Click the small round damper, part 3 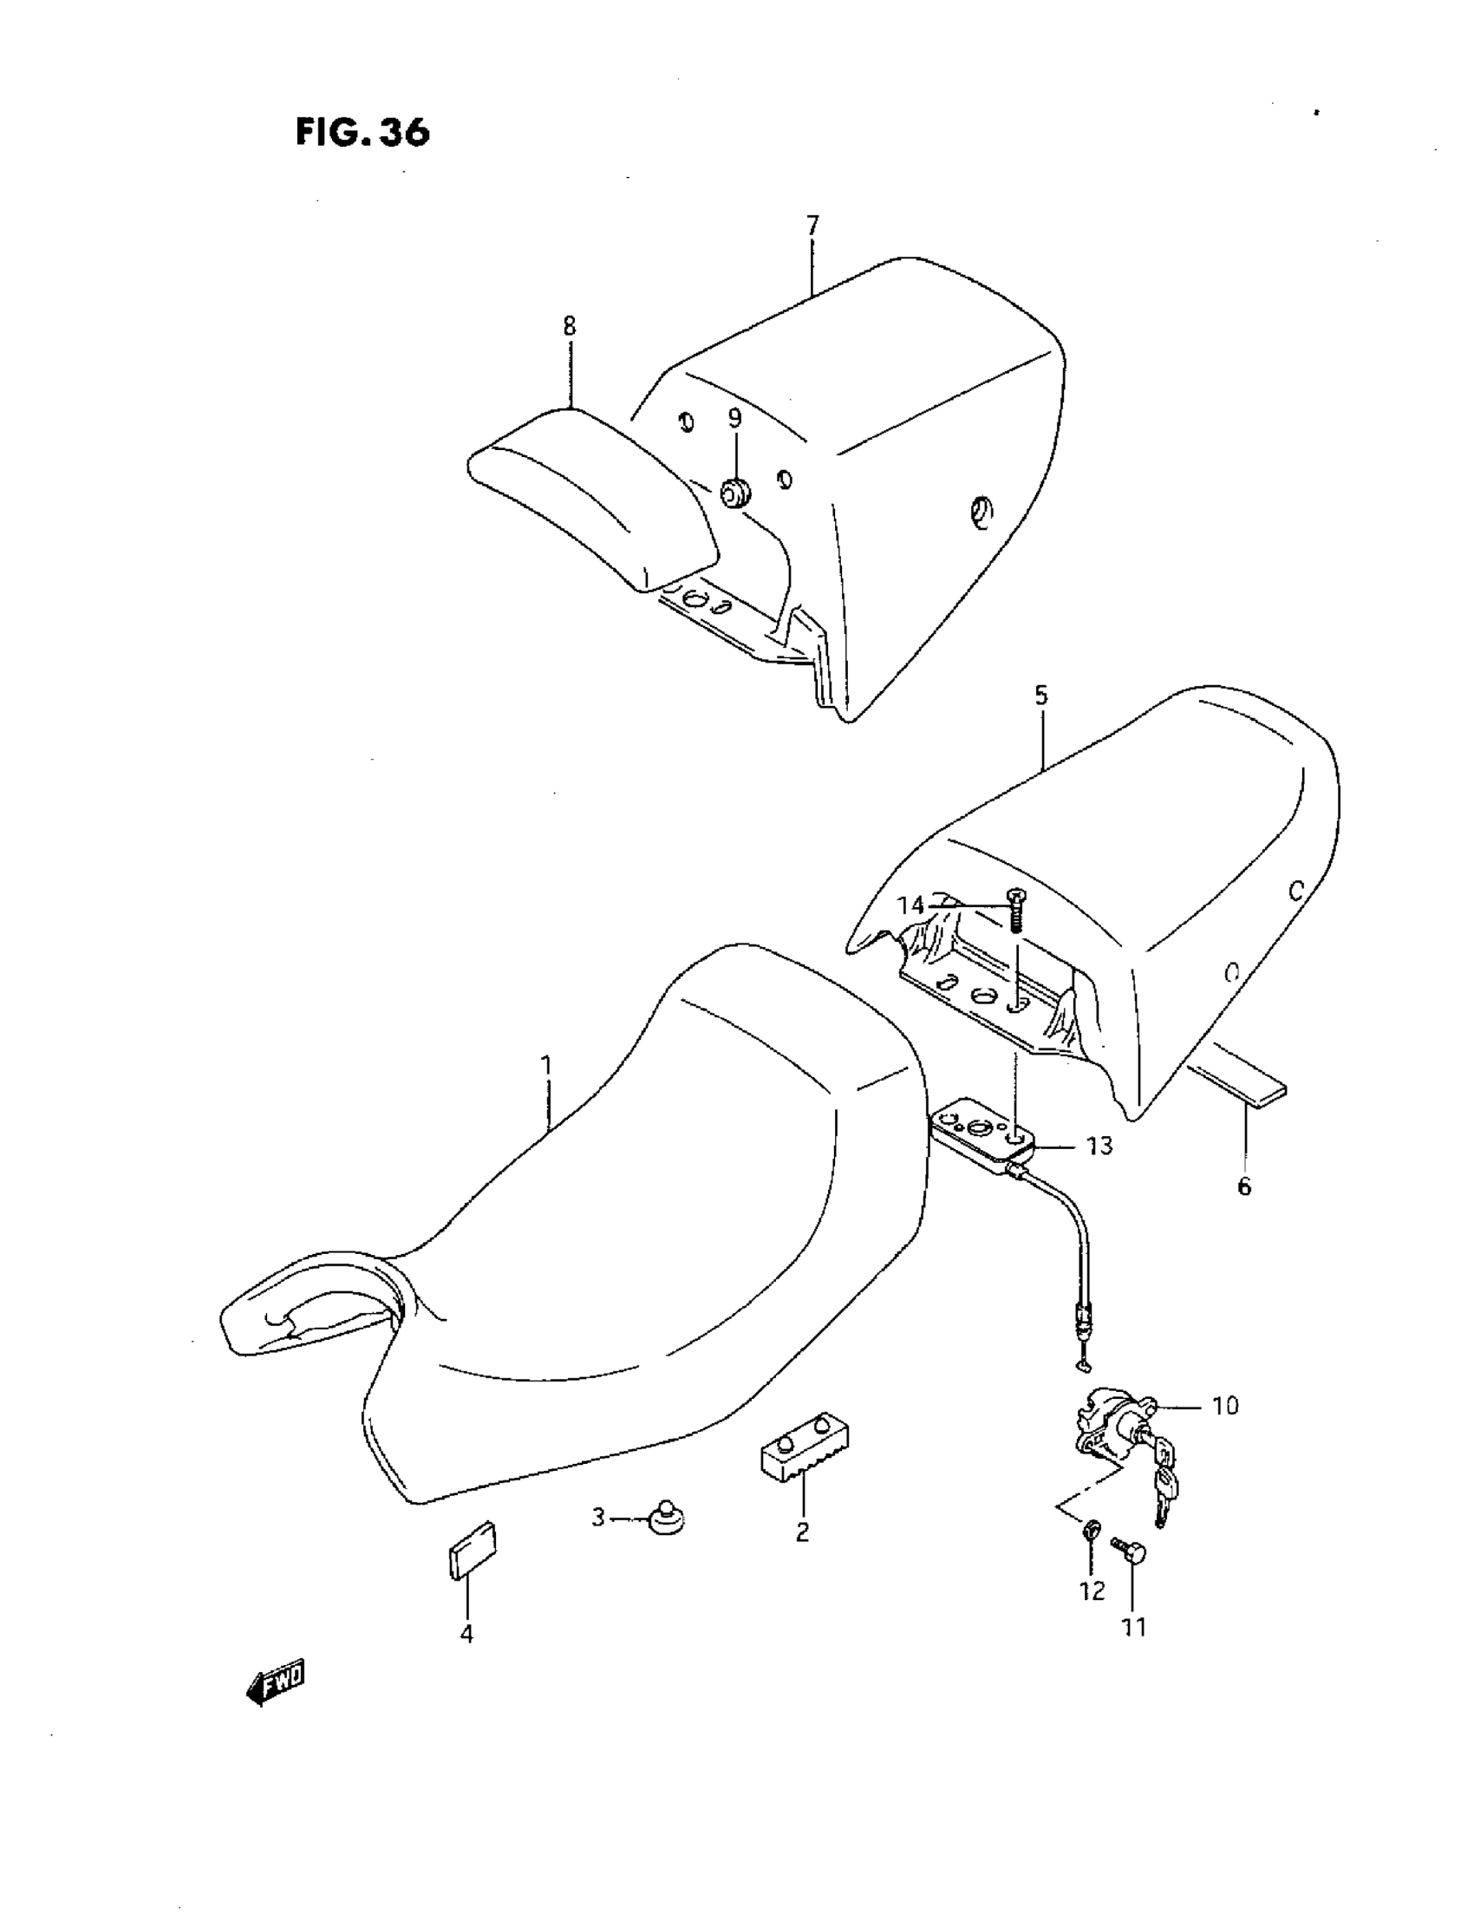pyautogui.click(x=665, y=1517)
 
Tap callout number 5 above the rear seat pyautogui.click(x=1040, y=695)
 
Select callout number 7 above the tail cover pyautogui.click(x=812, y=225)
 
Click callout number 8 pyautogui.click(x=570, y=326)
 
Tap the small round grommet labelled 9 pyautogui.click(x=734, y=493)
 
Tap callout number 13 pyautogui.click(x=1099, y=1145)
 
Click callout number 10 pyautogui.click(x=1225, y=1406)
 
